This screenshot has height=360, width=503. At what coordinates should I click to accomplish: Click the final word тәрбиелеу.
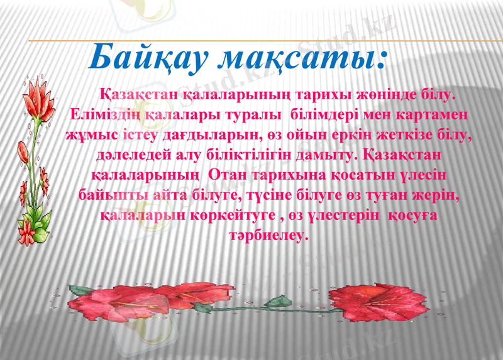point(270,236)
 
